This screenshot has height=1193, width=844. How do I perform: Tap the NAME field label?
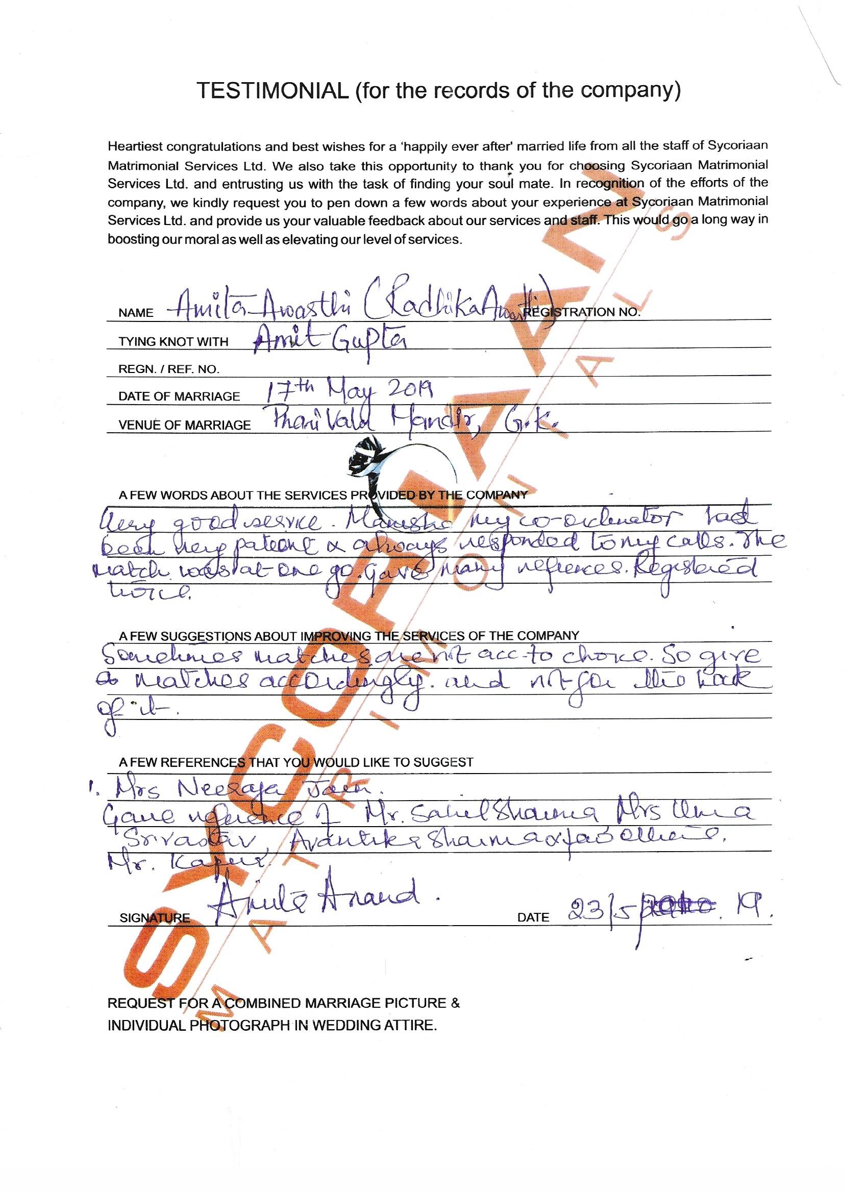click(x=136, y=313)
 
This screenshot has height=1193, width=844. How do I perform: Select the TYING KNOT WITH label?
click(x=173, y=341)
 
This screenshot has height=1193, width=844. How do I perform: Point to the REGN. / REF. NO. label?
click(x=168, y=369)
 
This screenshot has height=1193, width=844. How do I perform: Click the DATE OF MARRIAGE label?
click(x=179, y=396)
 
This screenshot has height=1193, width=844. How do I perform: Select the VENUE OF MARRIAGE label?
click(x=184, y=425)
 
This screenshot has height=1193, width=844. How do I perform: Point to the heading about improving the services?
click(x=348, y=635)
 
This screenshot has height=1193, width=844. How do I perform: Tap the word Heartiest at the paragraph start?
click(x=133, y=146)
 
